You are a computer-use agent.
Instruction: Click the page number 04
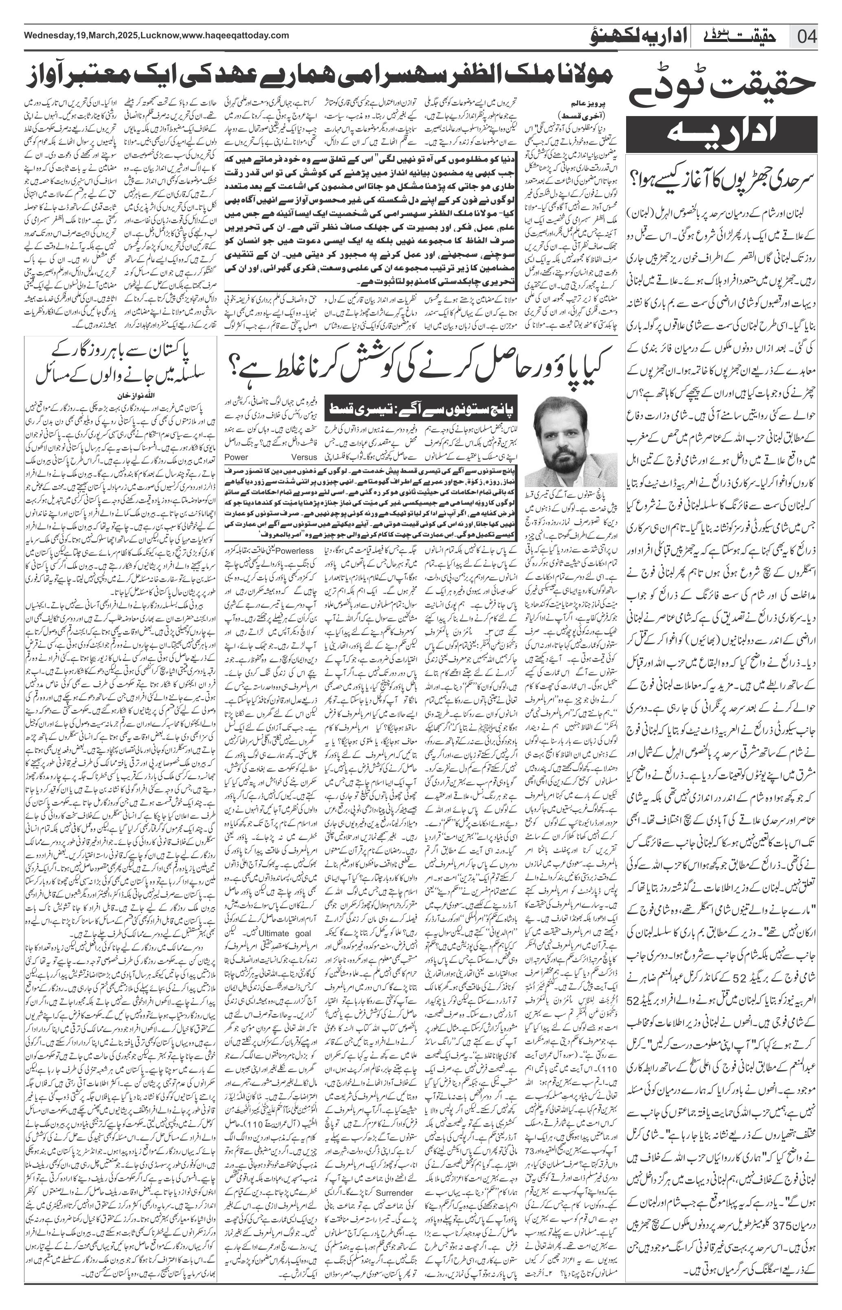(x=807, y=37)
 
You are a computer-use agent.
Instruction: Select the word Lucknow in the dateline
(x=160, y=35)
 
